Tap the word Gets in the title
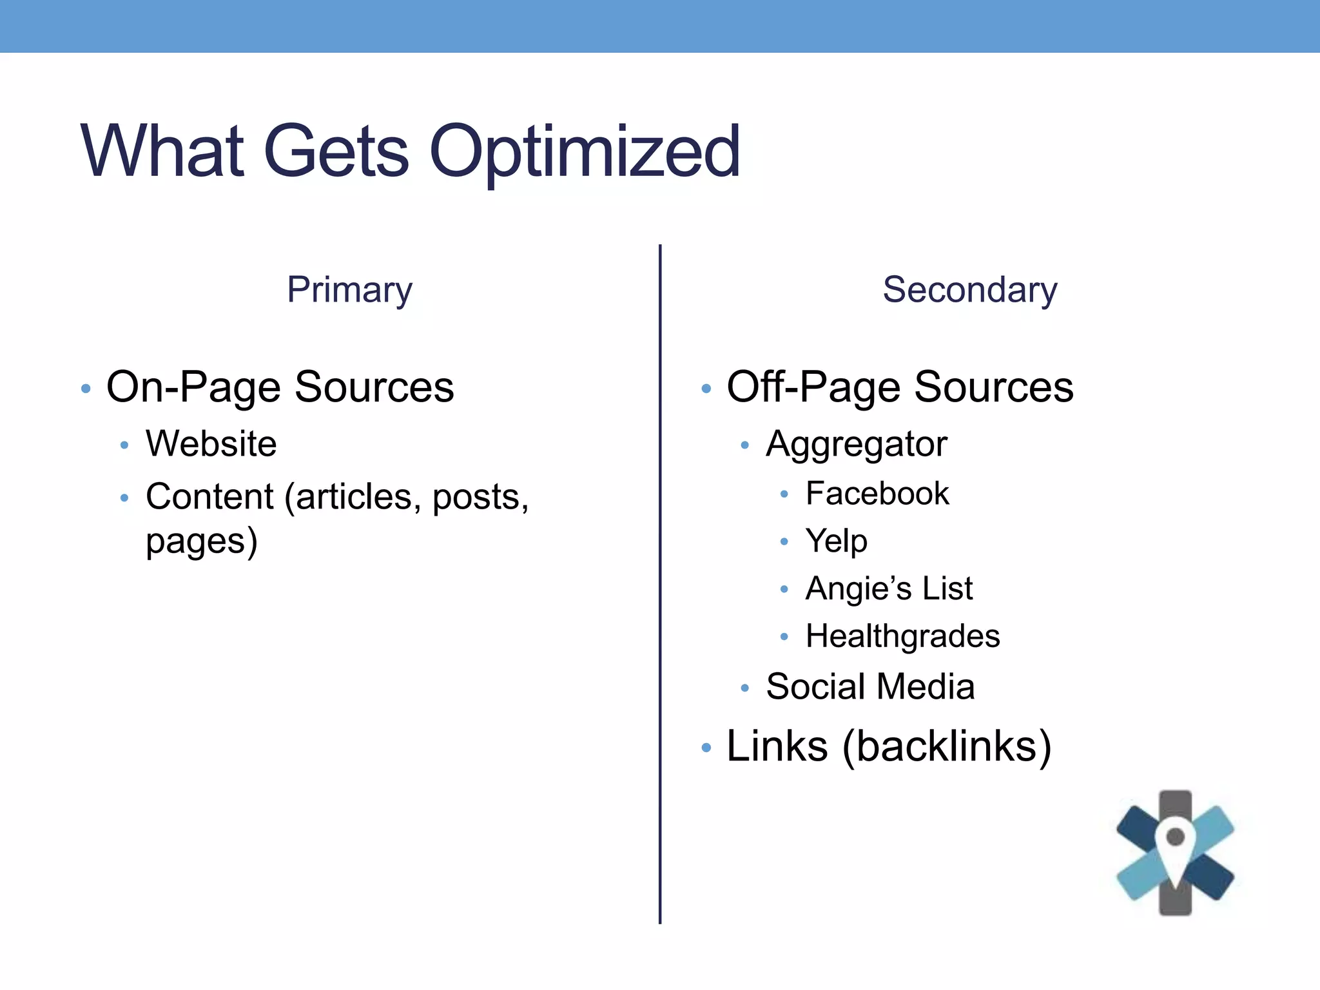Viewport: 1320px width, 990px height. pyautogui.click(x=336, y=152)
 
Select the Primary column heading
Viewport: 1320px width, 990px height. pyautogui.click(x=349, y=290)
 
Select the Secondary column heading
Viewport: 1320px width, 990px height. pyautogui.click(x=969, y=290)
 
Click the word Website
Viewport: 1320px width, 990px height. pyautogui.click(x=211, y=444)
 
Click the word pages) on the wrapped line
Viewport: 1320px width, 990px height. pyautogui.click(x=201, y=541)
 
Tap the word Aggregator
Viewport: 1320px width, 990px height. pyautogui.click(x=856, y=445)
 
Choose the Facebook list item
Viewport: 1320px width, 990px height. pyautogui.click(x=877, y=494)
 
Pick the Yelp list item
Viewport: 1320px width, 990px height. pyautogui.click(x=836, y=541)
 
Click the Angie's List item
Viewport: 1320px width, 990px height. pyautogui.click(x=888, y=588)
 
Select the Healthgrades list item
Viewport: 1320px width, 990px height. pyautogui.click(x=902, y=637)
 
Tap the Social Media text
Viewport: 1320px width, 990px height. pyautogui.click(x=869, y=686)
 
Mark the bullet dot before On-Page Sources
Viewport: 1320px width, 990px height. pyautogui.click(x=86, y=389)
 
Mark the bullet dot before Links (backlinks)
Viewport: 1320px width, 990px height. pyautogui.click(x=706, y=748)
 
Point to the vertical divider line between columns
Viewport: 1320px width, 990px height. pyautogui.click(x=660, y=580)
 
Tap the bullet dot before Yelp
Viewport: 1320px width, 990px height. pyautogui.click(x=784, y=541)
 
